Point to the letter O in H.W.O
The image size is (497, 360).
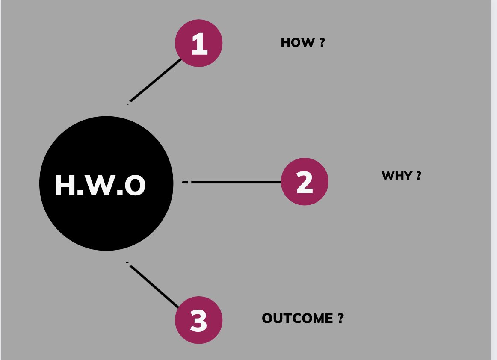click(135, 186)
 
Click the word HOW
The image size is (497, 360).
click(297, 43)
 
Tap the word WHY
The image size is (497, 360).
click(396, 176)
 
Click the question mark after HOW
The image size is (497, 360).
click(322, 43)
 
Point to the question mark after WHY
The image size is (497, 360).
click(418, 176)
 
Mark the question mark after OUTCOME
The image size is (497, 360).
click(340, 319)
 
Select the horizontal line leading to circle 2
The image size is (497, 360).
click(235, 182)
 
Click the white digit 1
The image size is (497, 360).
click(199, 44)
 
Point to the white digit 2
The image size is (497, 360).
click(305, 183)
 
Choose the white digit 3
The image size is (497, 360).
click(199, 321)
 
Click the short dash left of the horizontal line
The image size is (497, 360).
click(185, 182)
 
